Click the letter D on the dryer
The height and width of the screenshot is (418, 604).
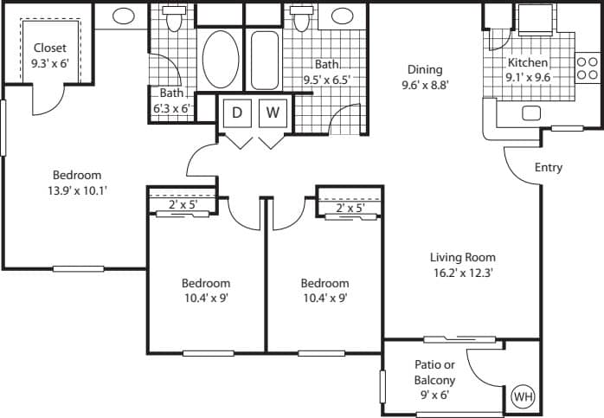[x=236, y=112]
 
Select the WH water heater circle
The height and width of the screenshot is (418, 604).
[x=523, y=396]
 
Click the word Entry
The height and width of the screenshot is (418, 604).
[x=548, y=167]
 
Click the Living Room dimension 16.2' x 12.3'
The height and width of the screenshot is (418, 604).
[x=463, y=273]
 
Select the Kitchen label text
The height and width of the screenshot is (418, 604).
[x=527, y=63]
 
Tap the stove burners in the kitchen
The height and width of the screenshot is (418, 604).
[x=587, y=68]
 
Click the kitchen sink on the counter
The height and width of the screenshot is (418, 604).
[x=531, y=113]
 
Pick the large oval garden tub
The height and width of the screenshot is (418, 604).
[x=220, y=59]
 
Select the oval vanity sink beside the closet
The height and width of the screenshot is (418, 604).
[x=124, y=16]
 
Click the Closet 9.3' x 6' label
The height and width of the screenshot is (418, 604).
[x=51, y=55]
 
